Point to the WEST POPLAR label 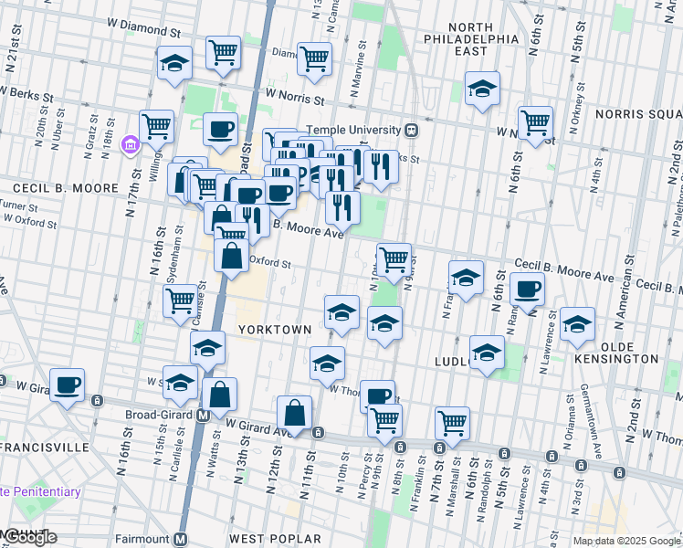pyautogui.click(x=266, y=539)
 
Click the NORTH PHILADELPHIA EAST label pyautogui.click(x=471, y=39)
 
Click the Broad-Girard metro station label pyautogui.click(x=162, y=414)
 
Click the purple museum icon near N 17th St pyautogui.click(x=131, y=144)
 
